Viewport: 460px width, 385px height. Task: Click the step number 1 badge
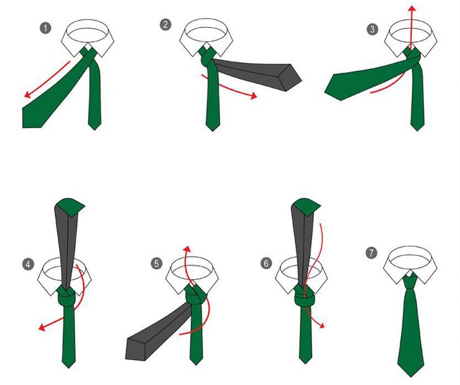tap(45, 29)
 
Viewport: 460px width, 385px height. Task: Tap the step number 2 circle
tap(166, 24)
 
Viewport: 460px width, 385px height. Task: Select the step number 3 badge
tap(372, 29)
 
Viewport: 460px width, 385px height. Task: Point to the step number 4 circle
tap(28, 264)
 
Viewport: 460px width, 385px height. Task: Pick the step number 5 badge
tap(157, 263)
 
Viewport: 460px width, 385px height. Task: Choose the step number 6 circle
tap(266, 263)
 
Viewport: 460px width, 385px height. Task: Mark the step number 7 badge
tap(371, 253)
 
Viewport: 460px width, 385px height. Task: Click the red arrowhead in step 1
tap(27, 94)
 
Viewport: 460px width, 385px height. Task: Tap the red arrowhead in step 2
tap(254, 96)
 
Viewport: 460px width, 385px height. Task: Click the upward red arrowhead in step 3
tap(413, 8)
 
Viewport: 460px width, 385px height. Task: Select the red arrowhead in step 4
tap(42, 327)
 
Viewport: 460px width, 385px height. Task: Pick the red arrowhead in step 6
tap(322, 325)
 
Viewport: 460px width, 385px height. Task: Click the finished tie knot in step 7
tap(410, 282)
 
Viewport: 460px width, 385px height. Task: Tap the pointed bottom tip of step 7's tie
tap(411, 377)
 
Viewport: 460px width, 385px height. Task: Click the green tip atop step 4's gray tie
tap(70, 206)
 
